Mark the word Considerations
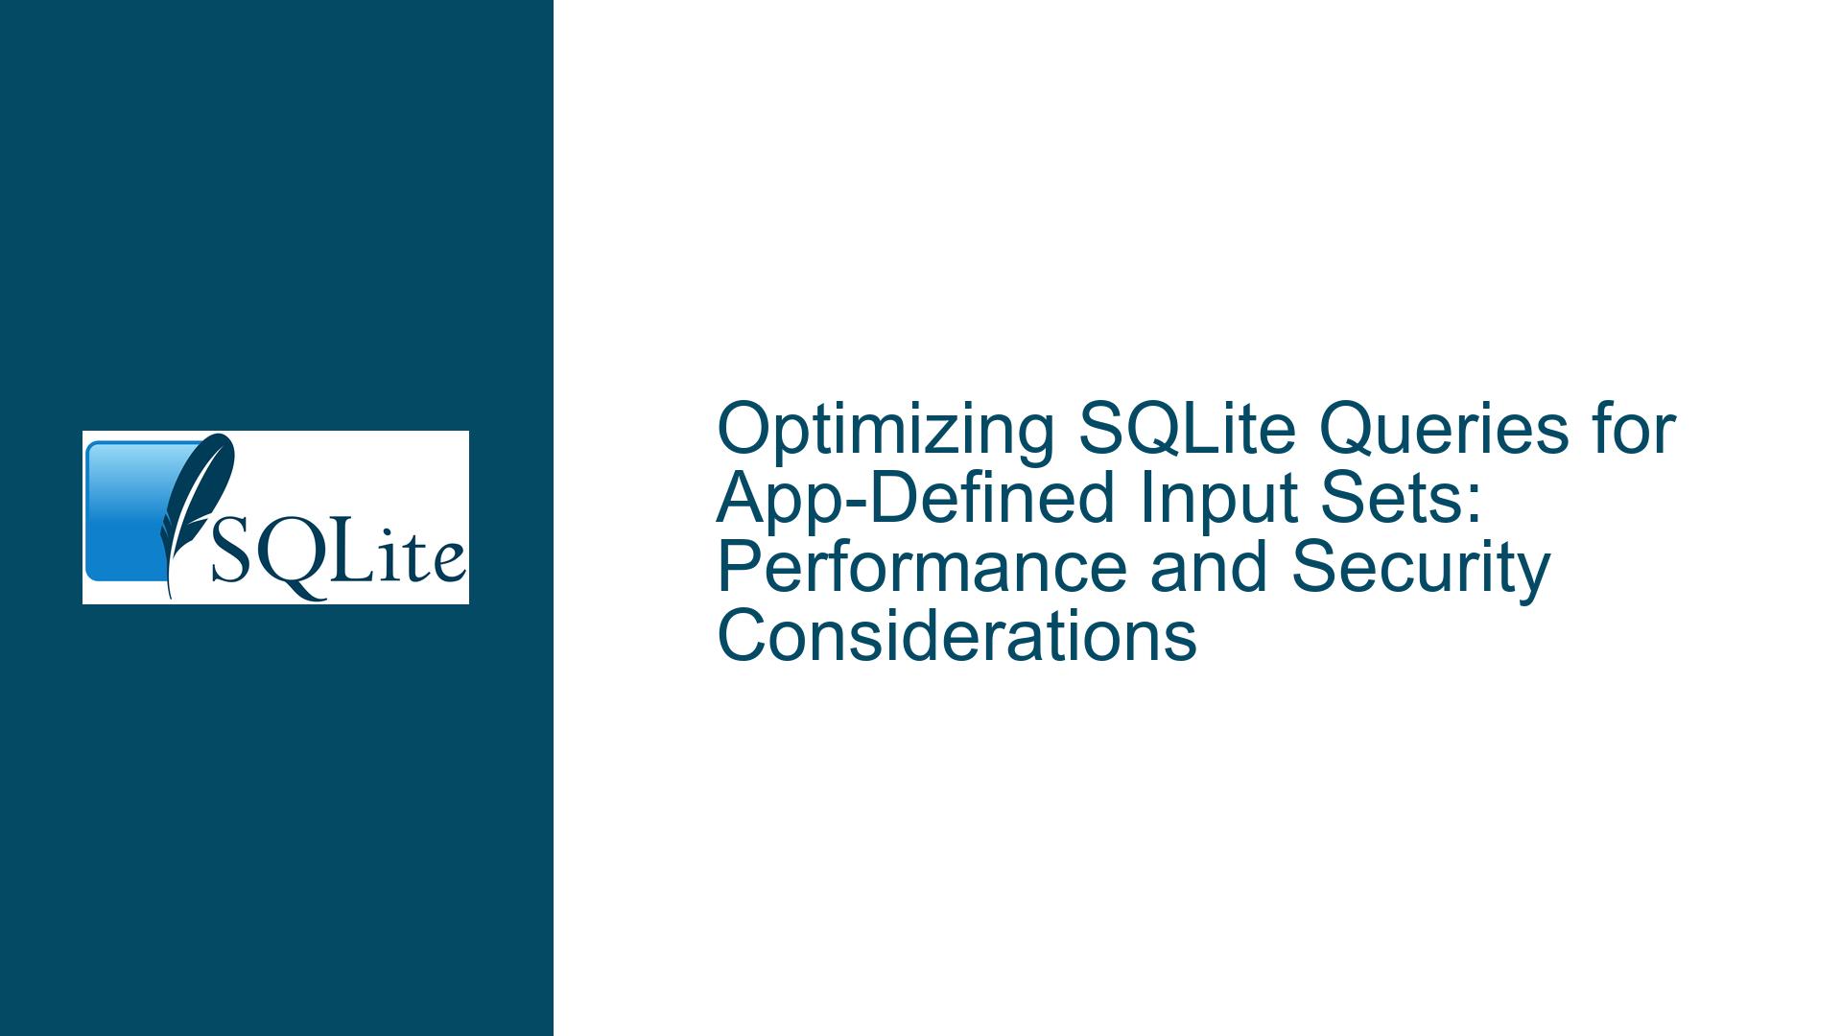[956, 637]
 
